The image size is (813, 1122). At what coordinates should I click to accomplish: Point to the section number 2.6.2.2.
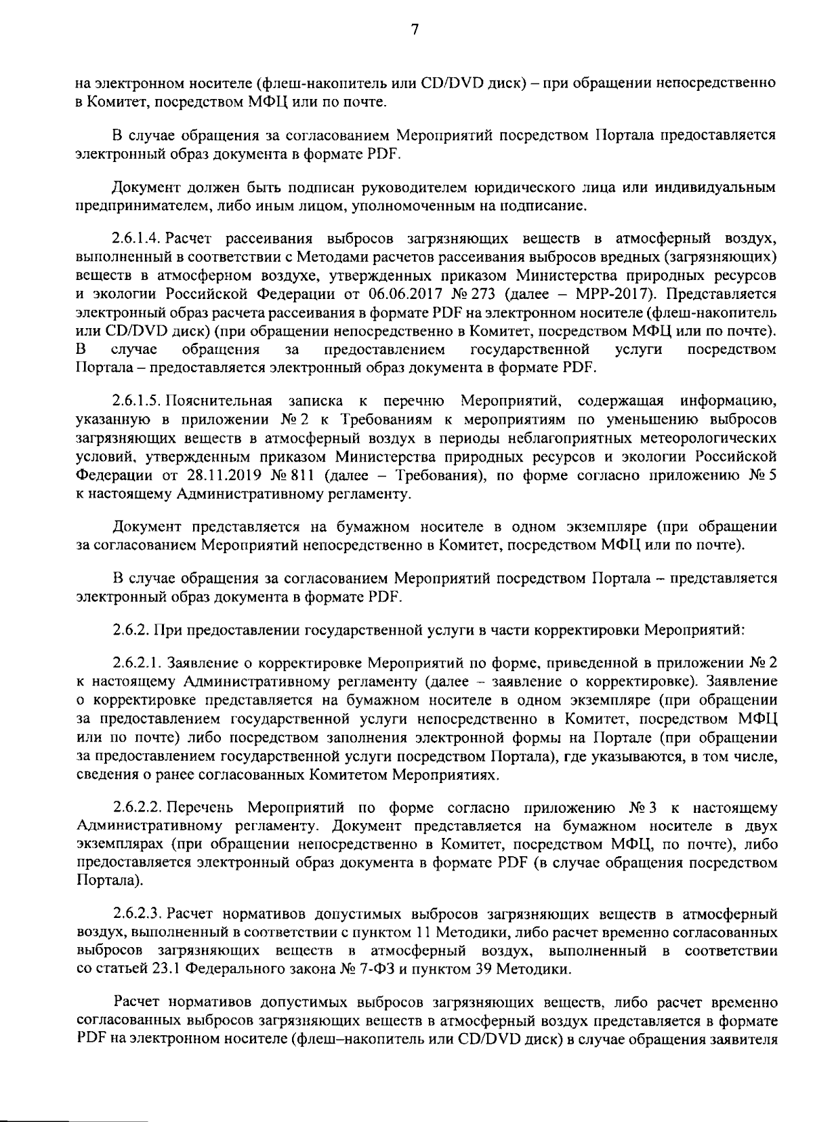tap(138, 808)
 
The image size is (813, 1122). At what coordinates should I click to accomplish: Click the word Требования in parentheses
tap(437, 475)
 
